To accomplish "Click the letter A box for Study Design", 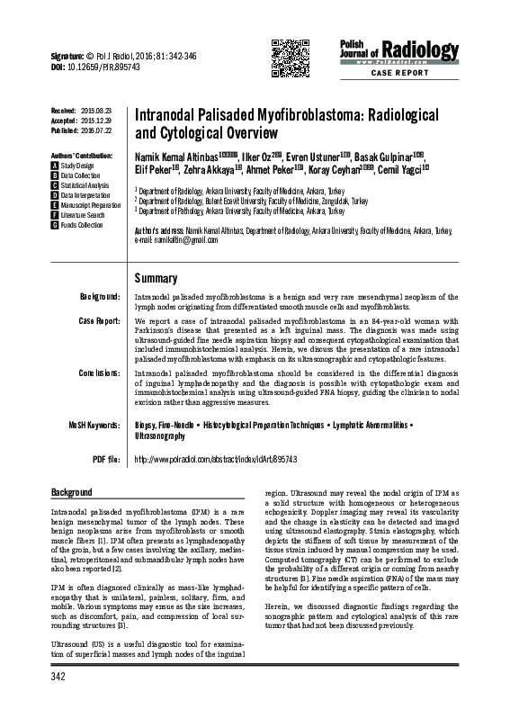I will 56,166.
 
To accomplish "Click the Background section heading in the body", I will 72,492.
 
